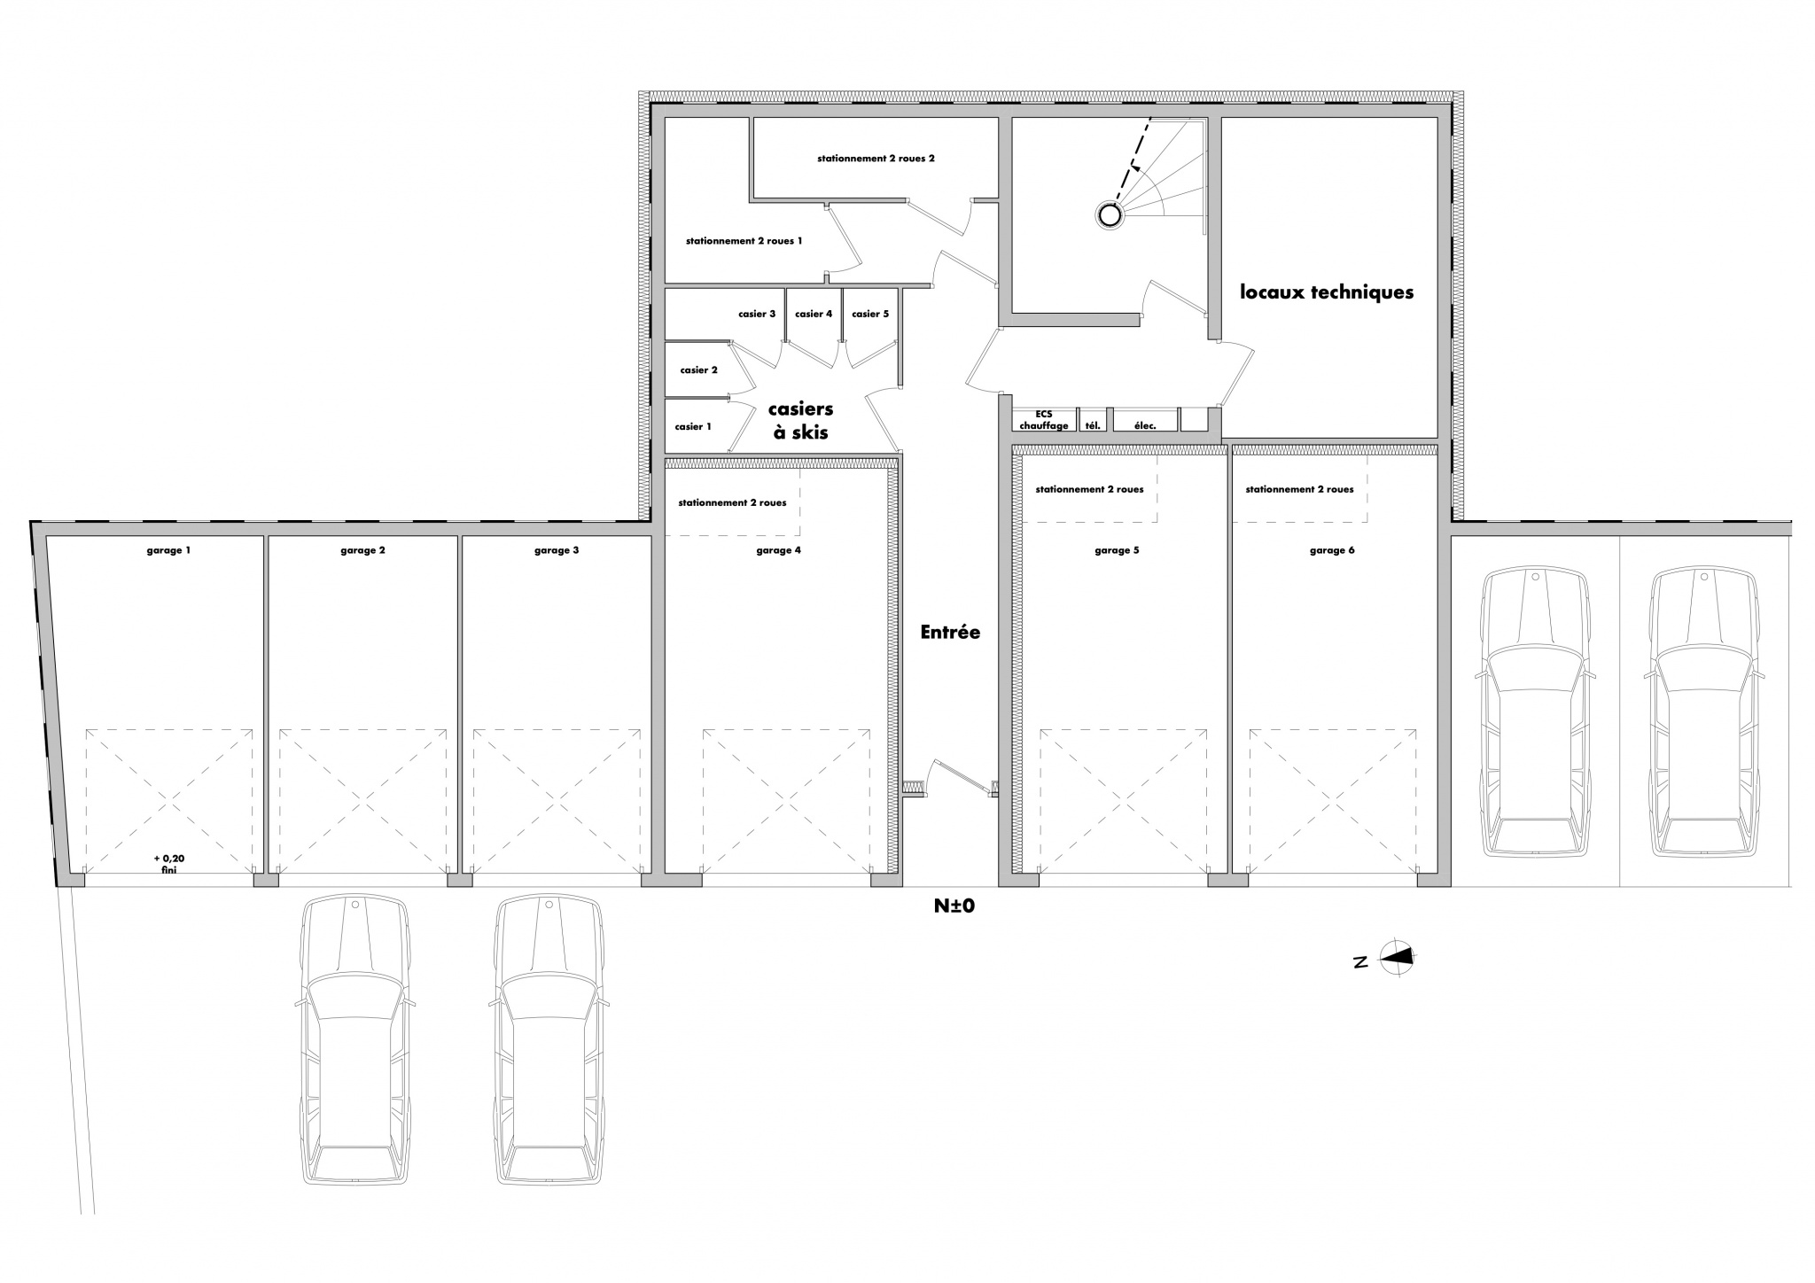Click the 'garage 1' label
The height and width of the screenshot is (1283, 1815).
pos(168,550)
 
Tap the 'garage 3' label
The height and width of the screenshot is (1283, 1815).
pos(557,550)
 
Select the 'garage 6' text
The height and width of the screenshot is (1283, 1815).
pos(1332,550)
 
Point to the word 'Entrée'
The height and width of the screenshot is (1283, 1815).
pos(950,632)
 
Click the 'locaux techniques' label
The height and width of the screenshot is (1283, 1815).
pos(1327,292)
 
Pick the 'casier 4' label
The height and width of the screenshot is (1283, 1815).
pos(814,314)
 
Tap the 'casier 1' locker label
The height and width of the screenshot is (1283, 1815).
pos(693,426)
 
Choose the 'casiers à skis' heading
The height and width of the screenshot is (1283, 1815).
pos(800,421)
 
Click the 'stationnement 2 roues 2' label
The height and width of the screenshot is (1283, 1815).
pos(876,159)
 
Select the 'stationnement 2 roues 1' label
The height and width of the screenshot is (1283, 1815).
pos(744,240)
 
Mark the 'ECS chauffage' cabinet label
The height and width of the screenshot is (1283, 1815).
pos(1044,420)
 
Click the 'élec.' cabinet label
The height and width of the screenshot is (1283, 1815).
pos(1145,425)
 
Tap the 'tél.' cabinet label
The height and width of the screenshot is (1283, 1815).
pos(1093,425)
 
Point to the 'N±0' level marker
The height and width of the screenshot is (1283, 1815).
pos(954,906)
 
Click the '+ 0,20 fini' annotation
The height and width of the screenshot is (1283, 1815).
pos(168,864)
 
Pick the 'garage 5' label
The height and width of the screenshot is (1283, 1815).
pos(1117,550)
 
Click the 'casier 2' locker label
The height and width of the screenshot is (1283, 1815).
pos(698,369)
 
